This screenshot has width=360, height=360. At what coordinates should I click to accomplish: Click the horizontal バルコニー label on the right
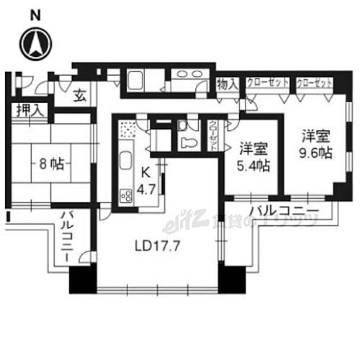284,211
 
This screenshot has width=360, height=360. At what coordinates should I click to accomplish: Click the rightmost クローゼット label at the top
315,84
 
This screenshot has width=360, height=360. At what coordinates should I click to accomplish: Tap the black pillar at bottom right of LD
230,278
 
